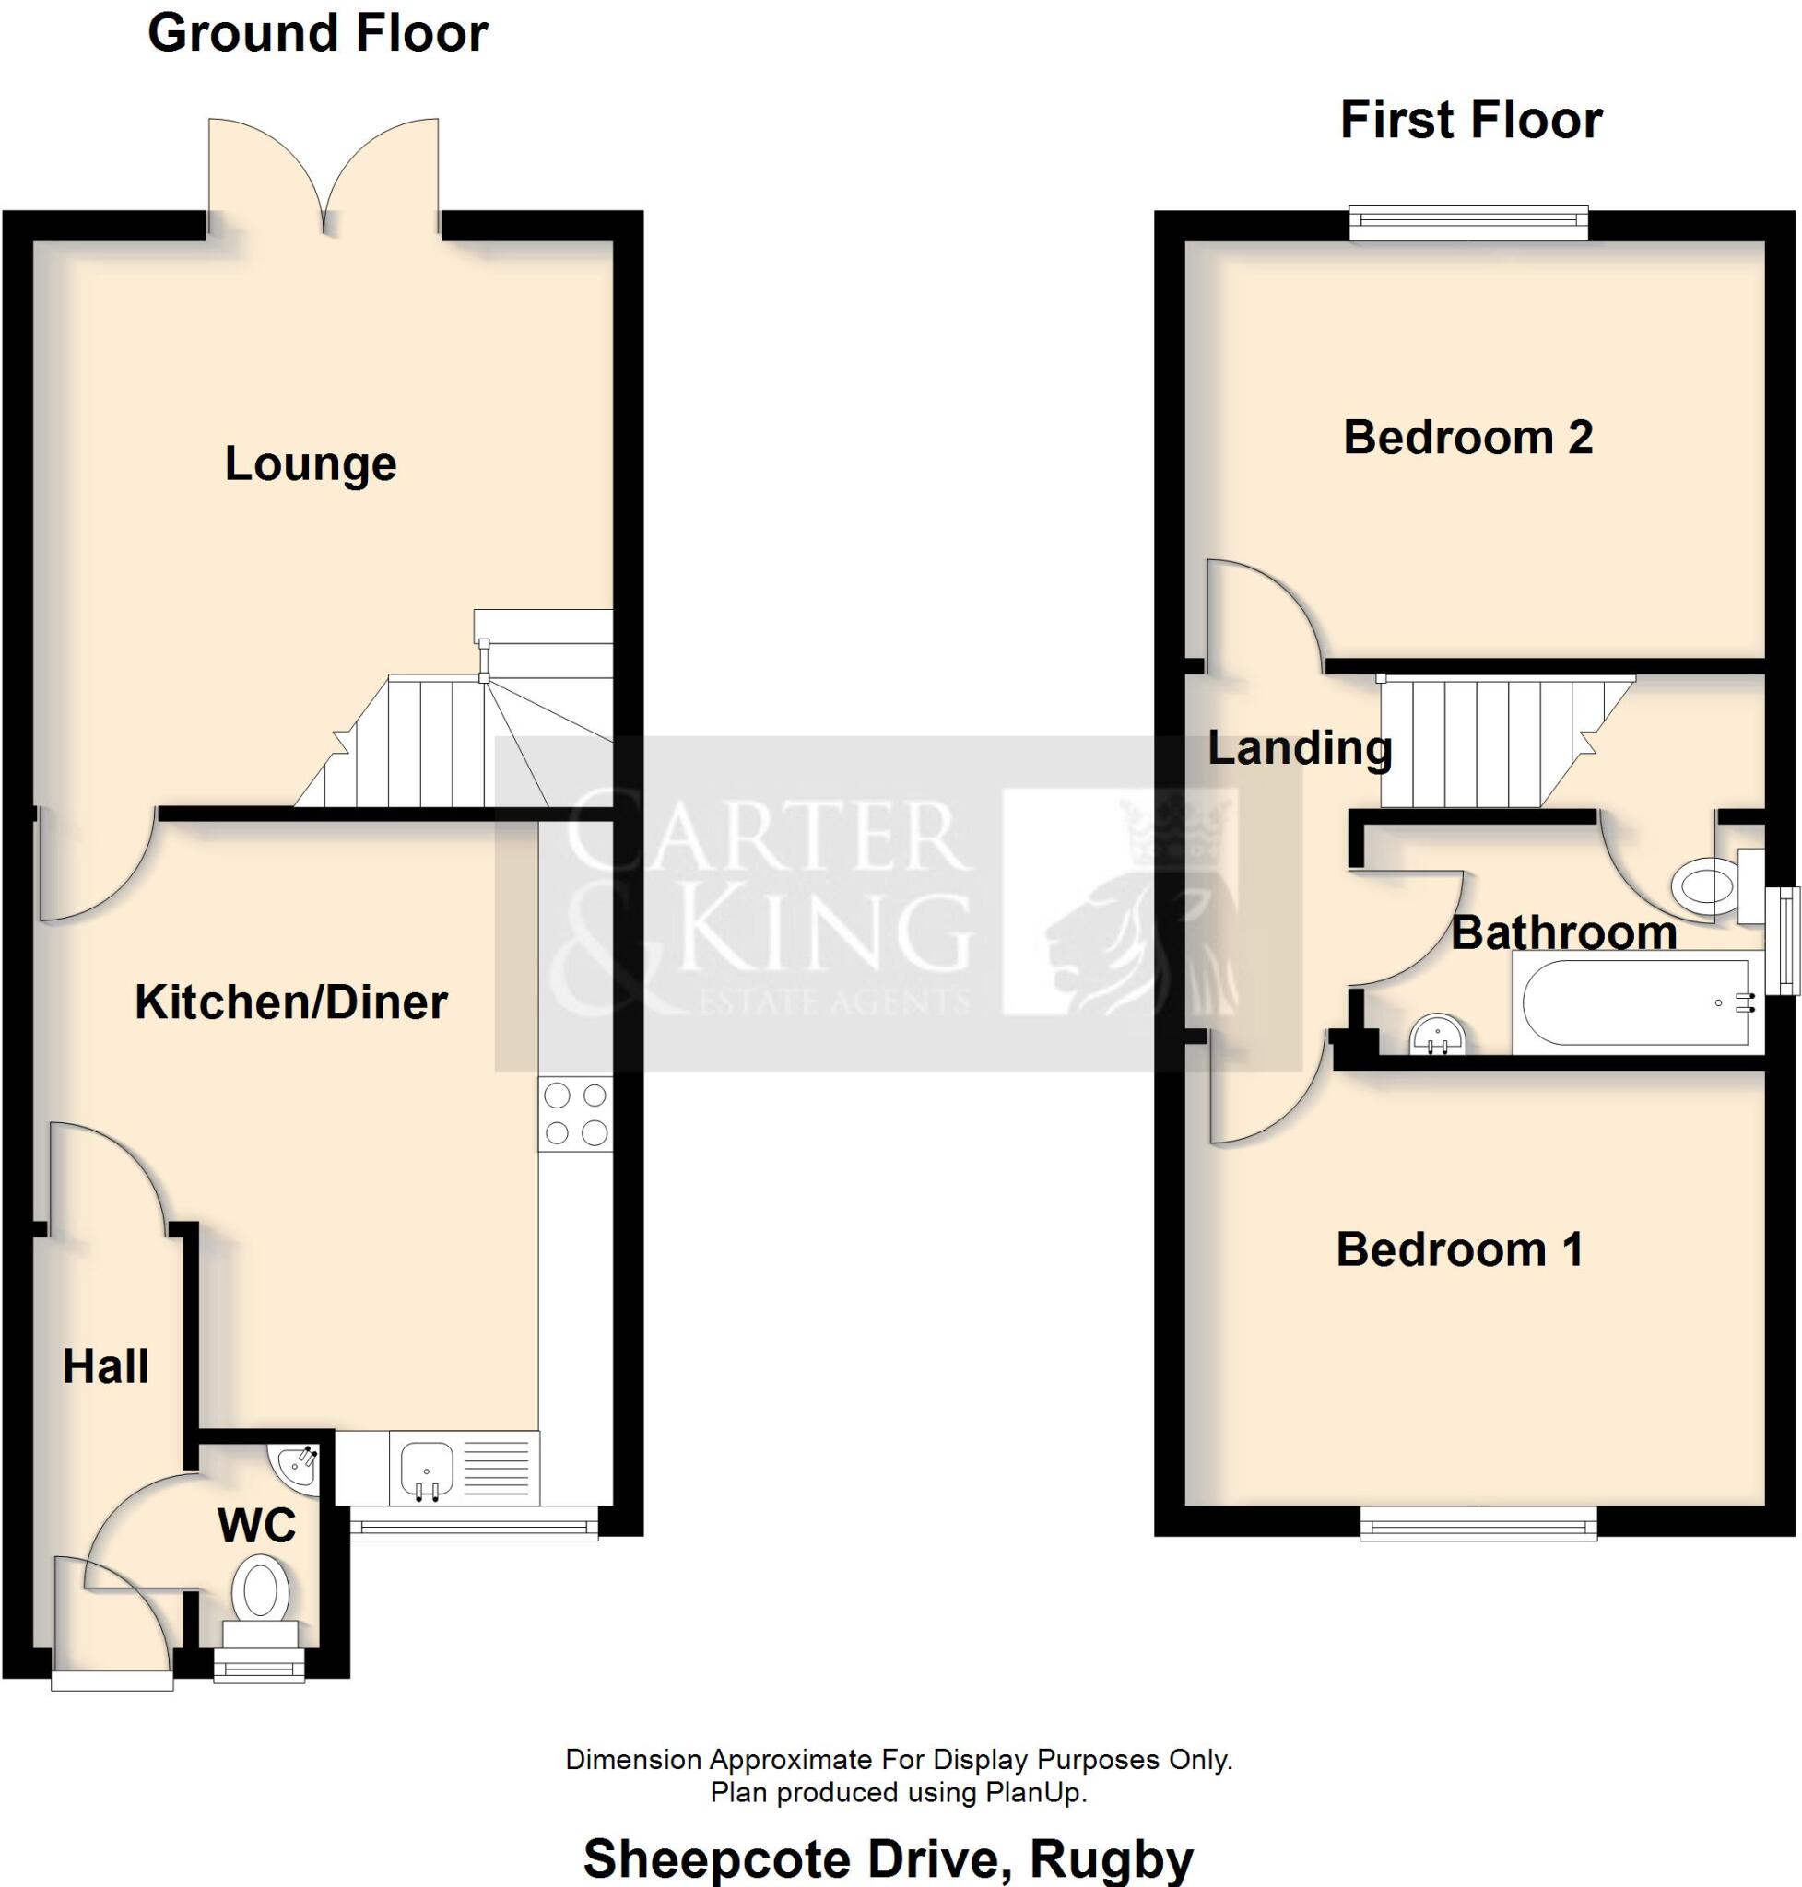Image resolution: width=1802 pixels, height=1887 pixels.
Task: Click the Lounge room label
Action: (x=311, y=464)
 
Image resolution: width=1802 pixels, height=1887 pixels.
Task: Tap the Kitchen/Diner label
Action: (x=291, y=1002)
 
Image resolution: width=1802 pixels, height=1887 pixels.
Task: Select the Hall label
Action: (x=106, y=1366)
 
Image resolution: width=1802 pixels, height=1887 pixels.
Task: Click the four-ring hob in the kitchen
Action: (x=575, y=1114)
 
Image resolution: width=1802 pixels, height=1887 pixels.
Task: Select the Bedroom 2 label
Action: (x=1467, y=438)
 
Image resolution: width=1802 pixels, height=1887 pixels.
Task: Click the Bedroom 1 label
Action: (x=1459, y=1250)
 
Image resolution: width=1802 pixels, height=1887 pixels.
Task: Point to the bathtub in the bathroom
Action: (x=1635, y=1003)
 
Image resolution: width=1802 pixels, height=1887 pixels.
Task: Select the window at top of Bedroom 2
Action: (x=1468, y=223)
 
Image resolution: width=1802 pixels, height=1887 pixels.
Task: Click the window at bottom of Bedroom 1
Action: (x=1478, y=1523)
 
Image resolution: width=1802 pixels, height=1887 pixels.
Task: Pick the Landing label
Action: (x=1299, y=748)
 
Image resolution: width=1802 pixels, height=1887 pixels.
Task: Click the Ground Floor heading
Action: (x=318, y=33)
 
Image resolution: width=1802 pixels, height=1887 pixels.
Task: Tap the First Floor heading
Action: (x=1470, y=121)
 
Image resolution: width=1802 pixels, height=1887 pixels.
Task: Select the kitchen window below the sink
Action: (x=474, y=1523)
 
